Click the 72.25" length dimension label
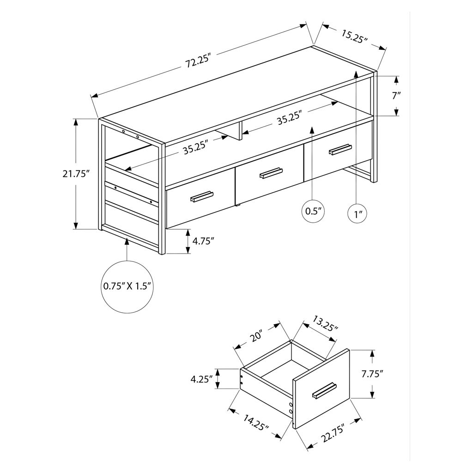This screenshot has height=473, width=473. pyautogui.click(x=197, y=61)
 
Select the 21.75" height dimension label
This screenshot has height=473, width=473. pyautogui.click(x=76, y=174)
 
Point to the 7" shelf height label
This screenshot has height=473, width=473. pyautogui.click(x=396, y=96)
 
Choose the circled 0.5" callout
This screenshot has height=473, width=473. pyautogui.click(x=313, y=211)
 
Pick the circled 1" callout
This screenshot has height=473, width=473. pyautogui.click(x=358, y=214)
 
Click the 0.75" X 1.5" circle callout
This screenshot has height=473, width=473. pyautogui.click(x=127, y=286)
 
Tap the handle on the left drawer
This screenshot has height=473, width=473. pyautogui.click(x=201, y=196)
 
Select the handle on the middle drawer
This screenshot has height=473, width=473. pyautogui.click(x=271, y=173)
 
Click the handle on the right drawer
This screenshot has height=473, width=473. pyautogui.click(x=340, y=149)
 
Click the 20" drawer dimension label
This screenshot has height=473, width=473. pyautogui.click(x=255, y=336)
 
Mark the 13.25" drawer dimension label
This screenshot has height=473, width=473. pyautogui.click(x=325, y=323)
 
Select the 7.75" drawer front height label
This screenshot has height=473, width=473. pyautogui.click(x=372, y=374)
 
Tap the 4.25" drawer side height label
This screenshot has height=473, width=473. pyautogui.click(x=202, y=379)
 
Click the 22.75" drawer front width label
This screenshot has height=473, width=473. pyautogui.click(x=333, y=433)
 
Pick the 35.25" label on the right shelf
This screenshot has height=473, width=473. pyautogui.click(x=290, y=118)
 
